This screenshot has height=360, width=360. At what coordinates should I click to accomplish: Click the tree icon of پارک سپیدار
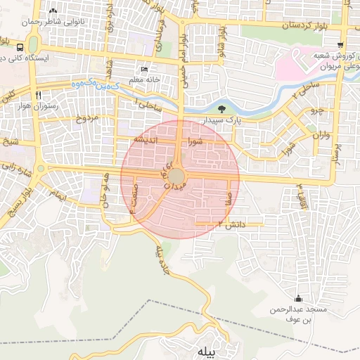pyautogui.click(x=223, y=108)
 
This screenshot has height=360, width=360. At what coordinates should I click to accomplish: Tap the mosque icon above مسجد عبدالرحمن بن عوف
pyautogui.click(x=298, y=298)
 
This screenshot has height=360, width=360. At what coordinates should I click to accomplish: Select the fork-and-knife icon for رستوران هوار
pyautogui.click(x=38, y=95)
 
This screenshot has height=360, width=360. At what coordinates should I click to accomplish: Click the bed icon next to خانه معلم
pyautogui.click(x=144, y=70)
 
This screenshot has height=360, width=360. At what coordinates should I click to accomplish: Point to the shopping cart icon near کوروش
pyautogui.click(x=341, y=44)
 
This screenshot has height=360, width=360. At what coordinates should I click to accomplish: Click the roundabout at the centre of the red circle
pyautogui.click(x=179, y=174)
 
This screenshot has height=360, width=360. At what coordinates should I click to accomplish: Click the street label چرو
pyautogui.click(x=315, y=111)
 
